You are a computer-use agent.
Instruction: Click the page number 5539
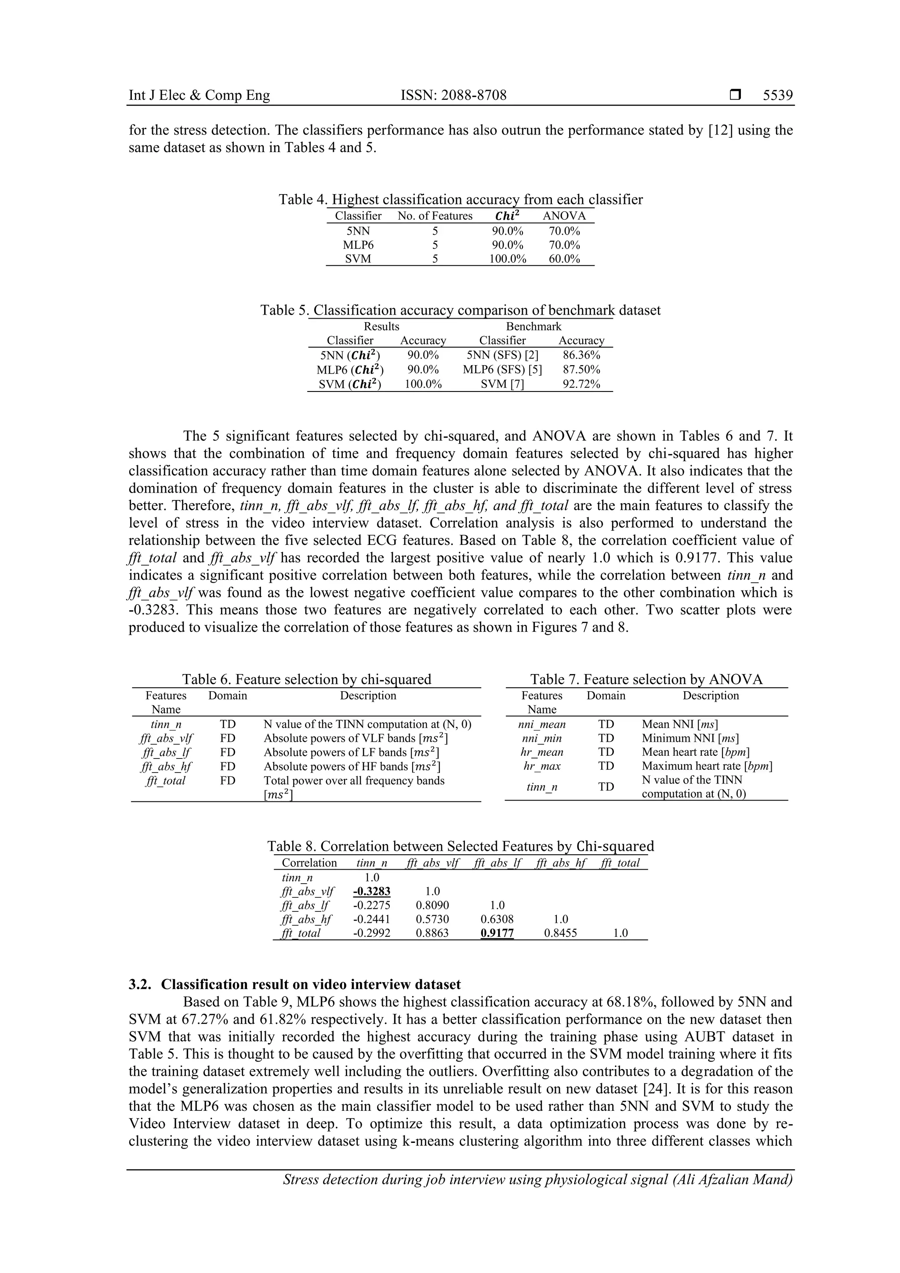[x=777, y=95]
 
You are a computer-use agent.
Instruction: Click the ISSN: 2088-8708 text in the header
[x=453, y=95]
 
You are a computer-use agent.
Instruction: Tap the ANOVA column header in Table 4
[x=564, y=216]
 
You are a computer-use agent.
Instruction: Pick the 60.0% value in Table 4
[x=564, y=259]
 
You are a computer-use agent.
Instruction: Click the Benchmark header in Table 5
[x=533, y=326]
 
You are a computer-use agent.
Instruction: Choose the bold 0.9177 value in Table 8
[x=497, y=933]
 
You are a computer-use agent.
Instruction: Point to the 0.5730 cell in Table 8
[x=432, y=919]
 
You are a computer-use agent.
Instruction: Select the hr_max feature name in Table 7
[x=542, y=766]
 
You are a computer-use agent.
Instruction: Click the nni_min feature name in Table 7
[x=542, y=739]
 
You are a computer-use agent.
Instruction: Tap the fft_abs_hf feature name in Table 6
[x=166, y=767]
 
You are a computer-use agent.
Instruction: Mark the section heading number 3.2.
[x=138, y=985]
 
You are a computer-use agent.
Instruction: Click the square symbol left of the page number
[x=735, y=95]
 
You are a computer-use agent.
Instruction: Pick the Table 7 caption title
[x=646, y=680]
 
